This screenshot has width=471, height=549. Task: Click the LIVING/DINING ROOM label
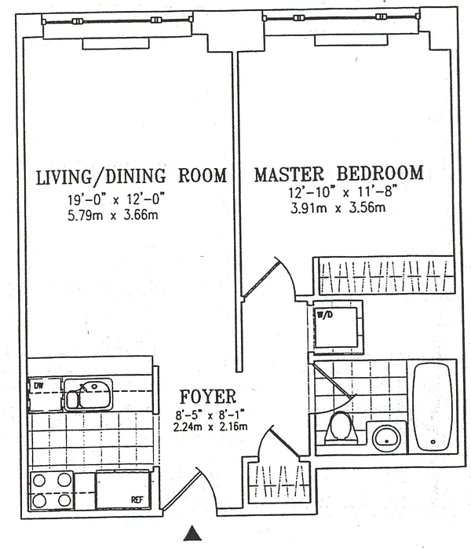(x=132, y=176)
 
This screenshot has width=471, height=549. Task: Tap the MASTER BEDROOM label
(x=339, y=174)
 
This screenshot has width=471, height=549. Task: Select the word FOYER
(x=208, y=397)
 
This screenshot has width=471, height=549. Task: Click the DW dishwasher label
(x=38, y=386)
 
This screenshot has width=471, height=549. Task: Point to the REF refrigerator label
(x=137, y=500)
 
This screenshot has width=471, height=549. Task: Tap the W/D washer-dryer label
(x=325, y=314)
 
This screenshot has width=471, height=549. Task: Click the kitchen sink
(x=88, y=394)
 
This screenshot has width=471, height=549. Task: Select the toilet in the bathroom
(x=339, y=428)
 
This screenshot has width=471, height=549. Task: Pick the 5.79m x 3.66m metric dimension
(x=113, y=214)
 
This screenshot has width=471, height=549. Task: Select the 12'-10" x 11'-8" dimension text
(x=343, y=192)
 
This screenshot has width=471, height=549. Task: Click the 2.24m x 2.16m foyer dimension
(x=210, y=426)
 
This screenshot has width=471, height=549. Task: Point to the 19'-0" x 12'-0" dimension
(x=116, y=199)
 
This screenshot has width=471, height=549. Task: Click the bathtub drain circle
(x=433, y=442)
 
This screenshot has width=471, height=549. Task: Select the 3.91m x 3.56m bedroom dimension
(x=338, y=208)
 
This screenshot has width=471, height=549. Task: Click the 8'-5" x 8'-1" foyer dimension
(x=210, y=415)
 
